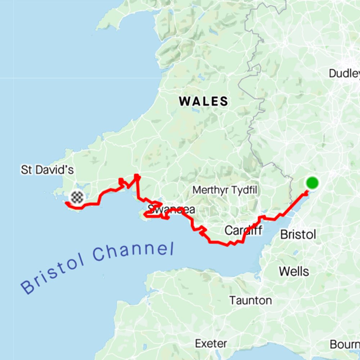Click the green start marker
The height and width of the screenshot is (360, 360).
pos(312,183)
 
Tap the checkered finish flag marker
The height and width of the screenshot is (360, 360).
pos(77,197)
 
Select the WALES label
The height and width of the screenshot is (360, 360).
pos(204,102)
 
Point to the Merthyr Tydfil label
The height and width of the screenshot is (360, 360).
pos(225,190)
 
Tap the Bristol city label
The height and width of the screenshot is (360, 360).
pos(298,235)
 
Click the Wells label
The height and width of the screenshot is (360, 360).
pos(294,271)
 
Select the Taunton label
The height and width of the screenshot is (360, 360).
pos(251,300)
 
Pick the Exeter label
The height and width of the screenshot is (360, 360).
pos(211,343)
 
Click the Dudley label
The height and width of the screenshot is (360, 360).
pos(344,73)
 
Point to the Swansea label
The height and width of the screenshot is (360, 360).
pos(171,209)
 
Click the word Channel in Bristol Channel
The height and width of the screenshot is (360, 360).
pos(133,251)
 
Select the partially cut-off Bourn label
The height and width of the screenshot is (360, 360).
pos(345,345)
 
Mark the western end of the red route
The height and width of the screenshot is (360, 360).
pos(66,203)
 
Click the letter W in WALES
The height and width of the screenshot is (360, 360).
pos(185,102)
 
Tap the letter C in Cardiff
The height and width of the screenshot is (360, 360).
pos(228,230)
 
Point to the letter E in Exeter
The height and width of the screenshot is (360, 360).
pos(198,343)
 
